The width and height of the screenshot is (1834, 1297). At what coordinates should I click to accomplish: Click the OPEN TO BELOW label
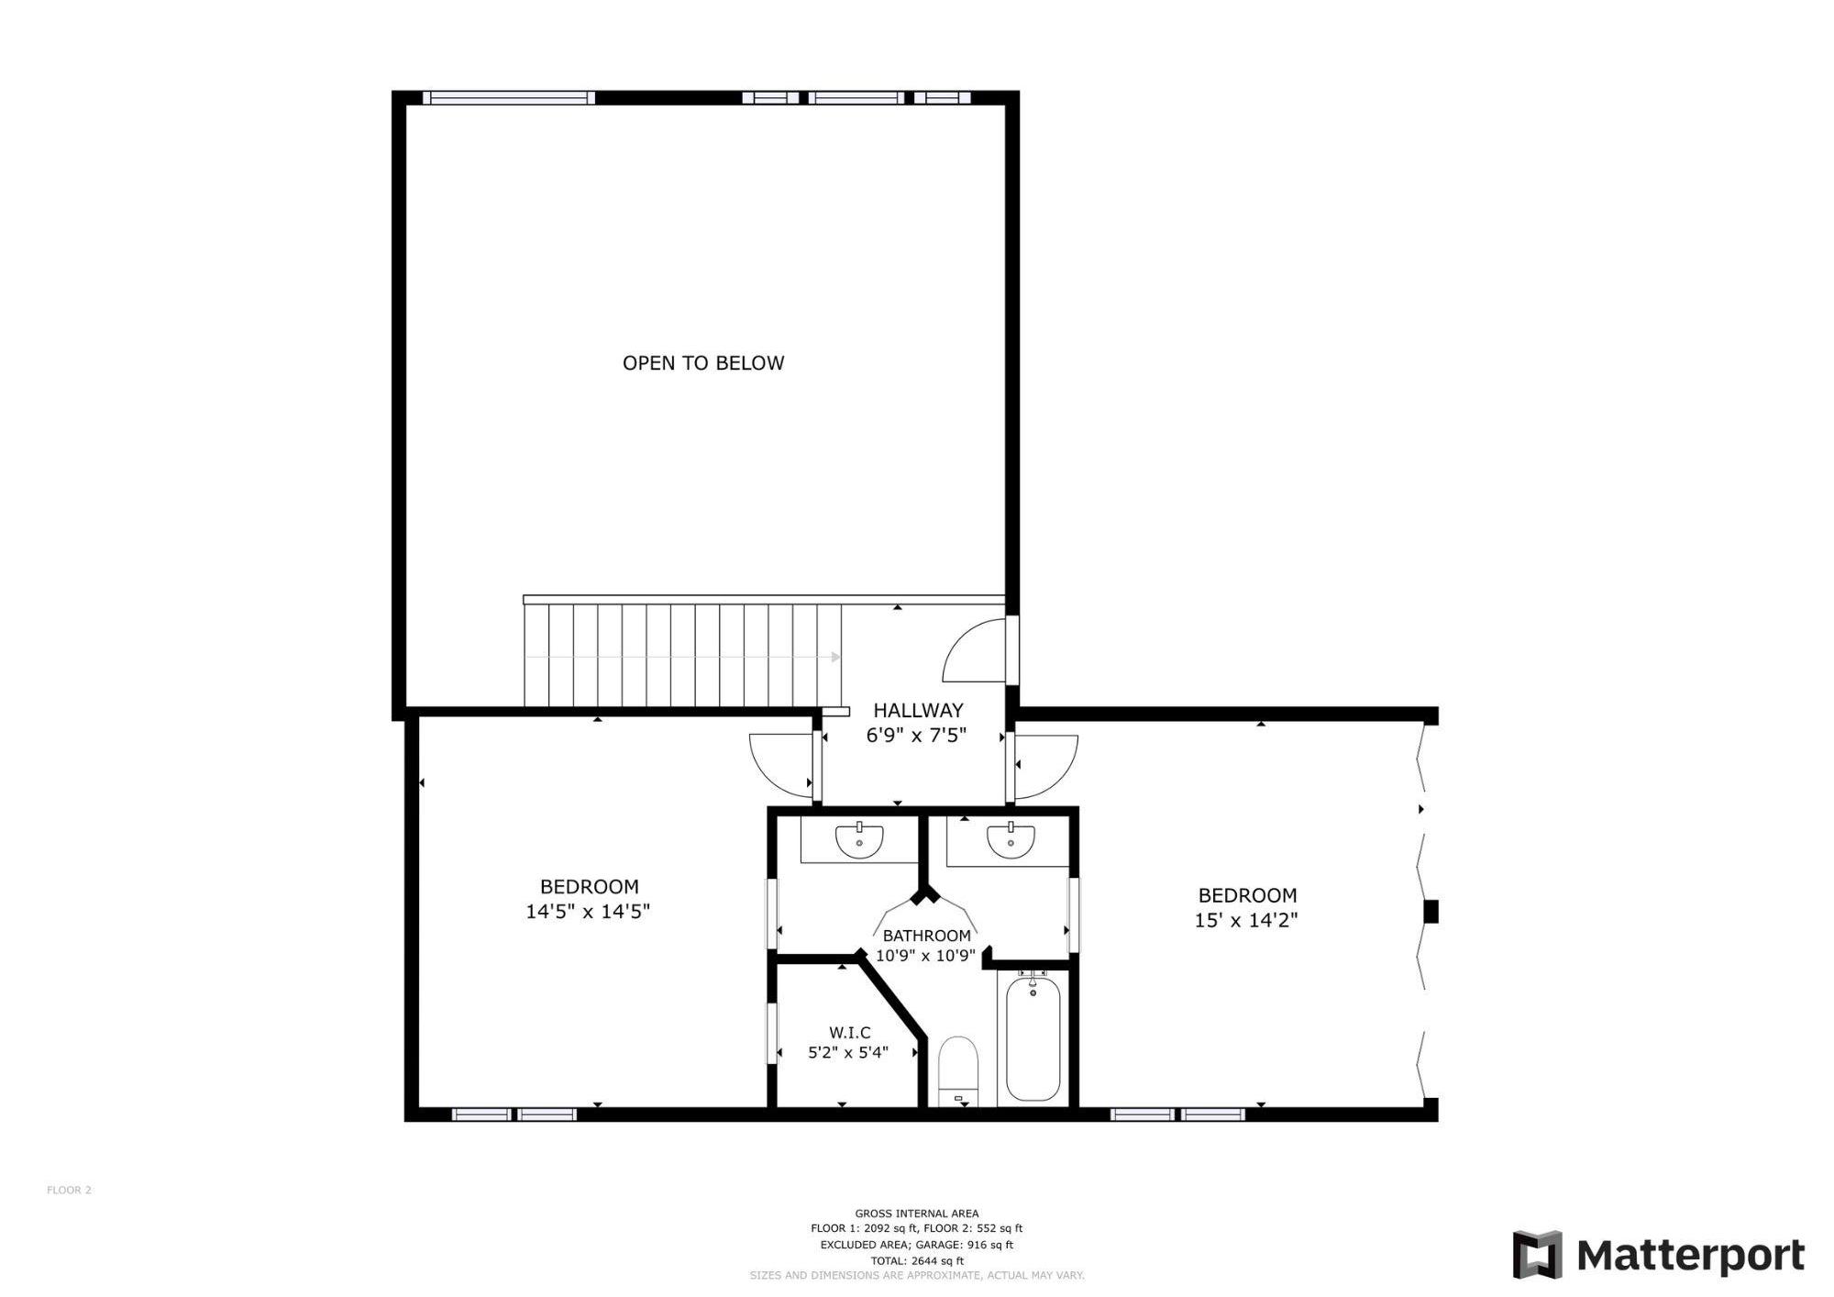703,363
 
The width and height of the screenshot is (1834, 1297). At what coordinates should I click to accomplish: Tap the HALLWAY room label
918,710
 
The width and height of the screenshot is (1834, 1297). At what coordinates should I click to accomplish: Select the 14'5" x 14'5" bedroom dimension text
588,912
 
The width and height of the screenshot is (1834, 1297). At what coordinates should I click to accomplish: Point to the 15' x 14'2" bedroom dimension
1246,920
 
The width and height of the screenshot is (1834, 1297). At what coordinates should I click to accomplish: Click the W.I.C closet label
848,1033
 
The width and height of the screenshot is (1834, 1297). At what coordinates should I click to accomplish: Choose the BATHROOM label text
926,936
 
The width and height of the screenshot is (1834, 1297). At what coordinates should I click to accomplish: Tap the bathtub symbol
1033,1040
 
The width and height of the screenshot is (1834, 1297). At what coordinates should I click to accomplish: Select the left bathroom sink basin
859,839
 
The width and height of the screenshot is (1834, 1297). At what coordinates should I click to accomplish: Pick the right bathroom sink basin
1011,839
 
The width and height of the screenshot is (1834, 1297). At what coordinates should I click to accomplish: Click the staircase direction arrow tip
835,657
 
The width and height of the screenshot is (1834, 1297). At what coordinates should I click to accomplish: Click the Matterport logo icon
1537,1255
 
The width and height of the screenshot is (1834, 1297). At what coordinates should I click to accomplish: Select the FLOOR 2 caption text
69,1191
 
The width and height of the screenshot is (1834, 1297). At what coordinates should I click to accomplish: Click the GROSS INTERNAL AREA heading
916,1214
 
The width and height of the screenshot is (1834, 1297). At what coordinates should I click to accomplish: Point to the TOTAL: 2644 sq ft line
916,1261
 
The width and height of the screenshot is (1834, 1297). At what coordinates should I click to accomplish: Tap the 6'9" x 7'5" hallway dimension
916,736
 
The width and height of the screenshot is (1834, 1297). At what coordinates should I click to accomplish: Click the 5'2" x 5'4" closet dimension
848,1053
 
